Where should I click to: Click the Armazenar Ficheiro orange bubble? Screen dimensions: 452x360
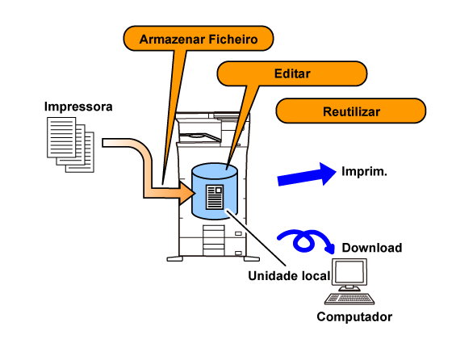[199, 39]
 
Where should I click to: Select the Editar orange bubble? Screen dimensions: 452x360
[291, 73]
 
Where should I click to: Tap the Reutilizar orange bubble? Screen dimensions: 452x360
[351, 111]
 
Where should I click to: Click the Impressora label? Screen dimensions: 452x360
[78, 107]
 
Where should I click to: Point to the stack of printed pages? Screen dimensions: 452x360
[71, 144]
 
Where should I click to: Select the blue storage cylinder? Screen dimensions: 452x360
[215, 191]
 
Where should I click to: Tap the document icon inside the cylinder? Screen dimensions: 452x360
[215, 197]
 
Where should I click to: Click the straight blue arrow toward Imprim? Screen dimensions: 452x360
[307, 174]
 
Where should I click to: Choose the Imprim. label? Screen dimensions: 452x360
[364, 171]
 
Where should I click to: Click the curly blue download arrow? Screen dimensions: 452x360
[306, 241]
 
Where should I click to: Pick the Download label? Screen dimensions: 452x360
[372, 248]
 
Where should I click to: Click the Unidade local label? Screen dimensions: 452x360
[289, 276]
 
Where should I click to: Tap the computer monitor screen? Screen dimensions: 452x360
[349, 272]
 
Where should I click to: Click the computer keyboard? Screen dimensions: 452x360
[349, 299]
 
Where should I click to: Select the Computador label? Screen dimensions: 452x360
[354, 316]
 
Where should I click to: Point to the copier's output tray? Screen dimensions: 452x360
[200, 137]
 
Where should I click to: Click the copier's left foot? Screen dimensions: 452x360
[174, 258]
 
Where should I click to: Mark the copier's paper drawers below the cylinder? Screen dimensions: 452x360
[214, 241]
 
